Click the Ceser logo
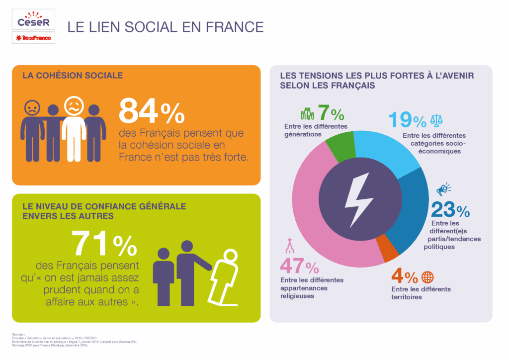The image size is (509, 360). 33,20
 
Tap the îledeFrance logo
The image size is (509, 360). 33,38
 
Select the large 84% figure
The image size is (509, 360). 151,111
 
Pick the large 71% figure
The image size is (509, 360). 104,244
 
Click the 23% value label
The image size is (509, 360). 450,210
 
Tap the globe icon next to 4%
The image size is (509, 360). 427,277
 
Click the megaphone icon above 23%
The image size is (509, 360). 443,189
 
